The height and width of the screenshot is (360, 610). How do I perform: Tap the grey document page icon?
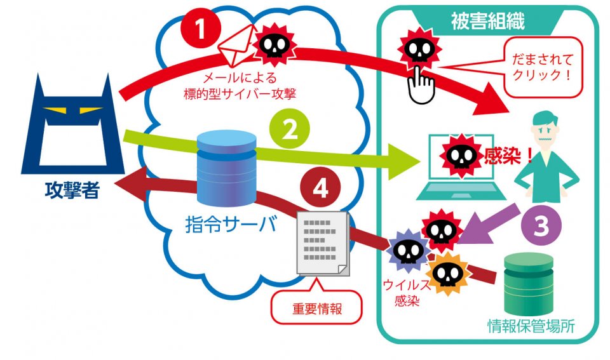click(x=323, y=244)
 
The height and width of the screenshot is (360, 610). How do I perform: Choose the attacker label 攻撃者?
click(x=72, y=189)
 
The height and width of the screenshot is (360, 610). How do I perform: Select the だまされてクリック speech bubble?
click(x=543, y=70)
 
